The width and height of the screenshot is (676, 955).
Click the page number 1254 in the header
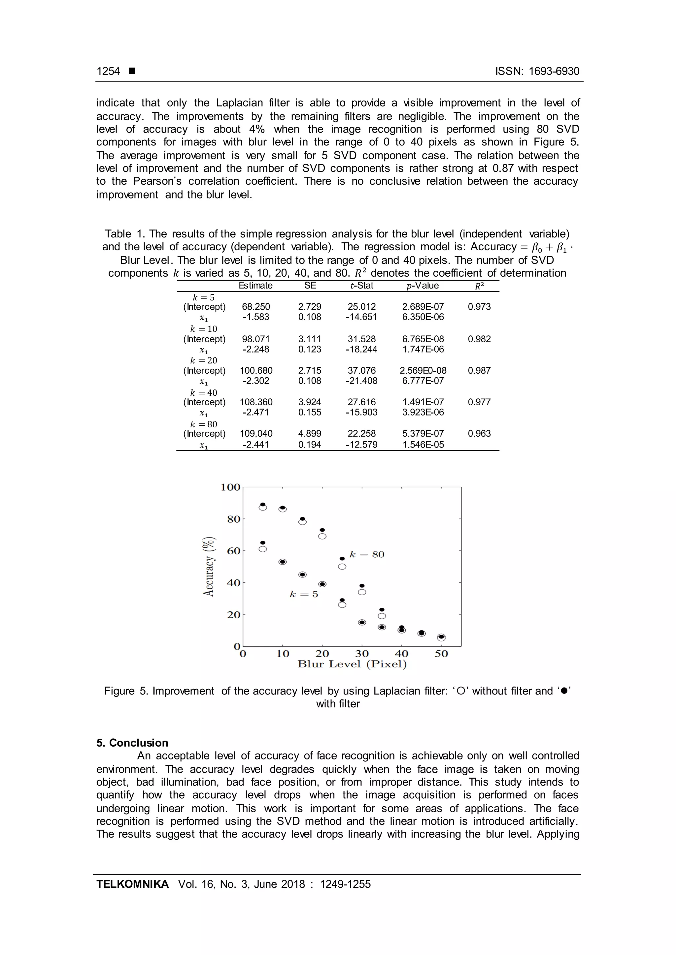108,71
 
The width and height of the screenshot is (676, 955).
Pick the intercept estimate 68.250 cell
256,307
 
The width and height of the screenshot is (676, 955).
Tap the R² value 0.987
479,371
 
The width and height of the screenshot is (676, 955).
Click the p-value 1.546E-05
423,445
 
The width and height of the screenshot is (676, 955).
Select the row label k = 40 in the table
204,393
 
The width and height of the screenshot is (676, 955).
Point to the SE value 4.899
310,434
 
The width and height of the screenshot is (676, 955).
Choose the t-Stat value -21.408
361,381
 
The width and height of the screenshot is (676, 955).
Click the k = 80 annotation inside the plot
367,554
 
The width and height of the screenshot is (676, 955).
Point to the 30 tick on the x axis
362,654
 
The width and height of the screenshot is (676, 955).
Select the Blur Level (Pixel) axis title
352,664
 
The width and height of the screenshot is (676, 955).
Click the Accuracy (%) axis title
209,567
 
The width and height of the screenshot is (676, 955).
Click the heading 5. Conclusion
132,743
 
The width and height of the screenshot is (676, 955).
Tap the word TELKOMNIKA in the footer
132,884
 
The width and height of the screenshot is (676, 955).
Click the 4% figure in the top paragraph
257,129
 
